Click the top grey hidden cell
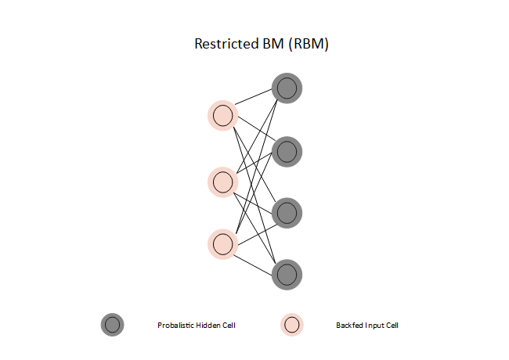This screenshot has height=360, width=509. coord(287,88)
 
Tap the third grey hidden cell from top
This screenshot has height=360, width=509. coord(287,212)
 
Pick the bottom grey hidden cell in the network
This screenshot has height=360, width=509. coord(287,274)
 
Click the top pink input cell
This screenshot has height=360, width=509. coord(222,116)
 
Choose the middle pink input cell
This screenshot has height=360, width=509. coord(222,182)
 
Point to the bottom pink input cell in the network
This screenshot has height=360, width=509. coord(222,243)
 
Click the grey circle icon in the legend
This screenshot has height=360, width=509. coord(112,325)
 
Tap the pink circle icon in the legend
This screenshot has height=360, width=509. coord(292,325)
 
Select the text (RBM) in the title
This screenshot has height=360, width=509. coord(308,44)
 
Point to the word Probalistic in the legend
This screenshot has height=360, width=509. coord(175,326)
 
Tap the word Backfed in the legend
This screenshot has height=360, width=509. coord(348,326)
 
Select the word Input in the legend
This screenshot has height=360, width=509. coord(375,326)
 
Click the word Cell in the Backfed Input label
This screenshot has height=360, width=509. coord(392,326)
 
